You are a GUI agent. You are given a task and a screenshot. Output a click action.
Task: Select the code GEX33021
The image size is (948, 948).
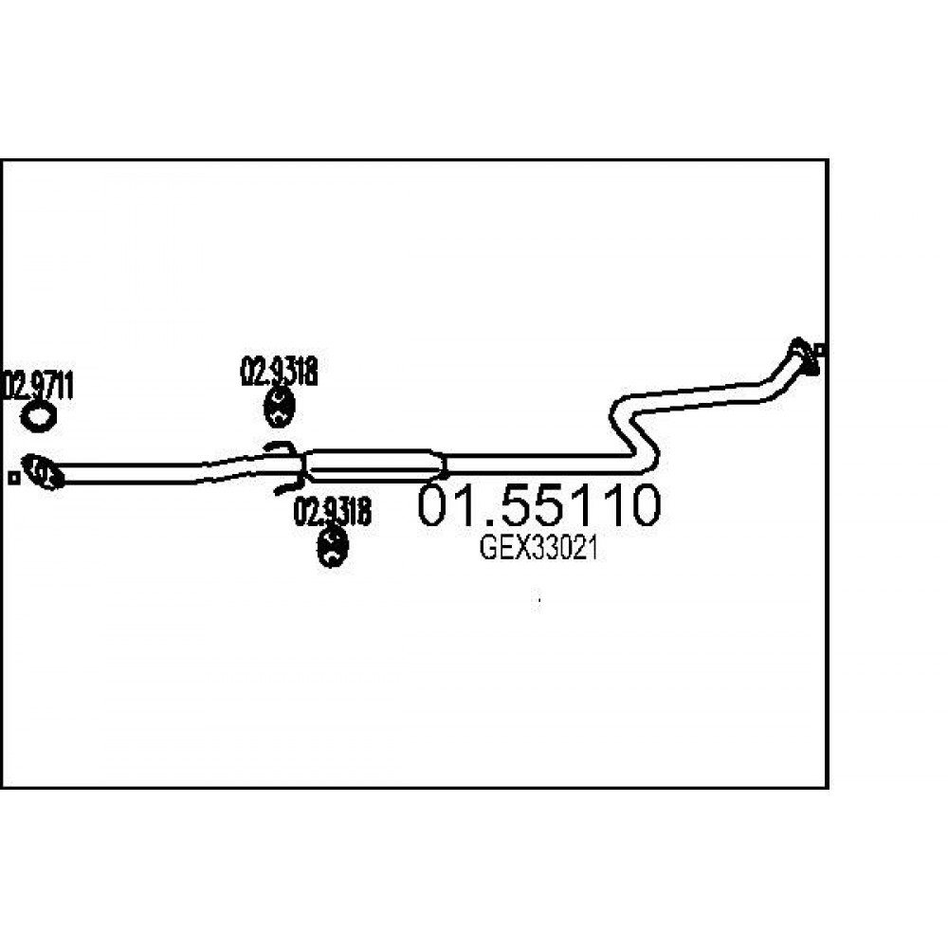click(x=538, y=548)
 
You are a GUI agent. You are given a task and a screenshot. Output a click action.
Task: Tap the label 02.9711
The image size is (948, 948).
click(x=39, y=387)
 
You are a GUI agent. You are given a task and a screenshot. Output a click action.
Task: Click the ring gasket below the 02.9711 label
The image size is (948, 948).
click(x=38, y=418)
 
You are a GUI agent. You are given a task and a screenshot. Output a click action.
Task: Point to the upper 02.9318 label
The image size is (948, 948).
click(x=279, y=372)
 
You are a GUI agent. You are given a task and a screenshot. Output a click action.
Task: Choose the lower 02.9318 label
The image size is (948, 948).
click(x=332, y=512)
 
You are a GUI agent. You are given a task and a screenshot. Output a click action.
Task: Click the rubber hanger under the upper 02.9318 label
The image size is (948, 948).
click(x=279, y=407)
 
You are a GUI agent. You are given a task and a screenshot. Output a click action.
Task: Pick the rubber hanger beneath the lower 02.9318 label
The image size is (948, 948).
click(x=333, y=547)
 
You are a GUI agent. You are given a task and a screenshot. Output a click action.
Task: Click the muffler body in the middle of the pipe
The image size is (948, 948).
click(x=374, y=465)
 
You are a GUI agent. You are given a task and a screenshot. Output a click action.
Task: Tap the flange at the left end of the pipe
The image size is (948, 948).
click(x=43, y=471)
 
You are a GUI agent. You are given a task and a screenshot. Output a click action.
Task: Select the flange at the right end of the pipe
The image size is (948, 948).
click(x=804, y=356)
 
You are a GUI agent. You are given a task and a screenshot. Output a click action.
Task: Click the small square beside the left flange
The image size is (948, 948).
click(x=13, y=478)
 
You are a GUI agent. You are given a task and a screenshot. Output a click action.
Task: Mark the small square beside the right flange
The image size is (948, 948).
click(x=820, y=350)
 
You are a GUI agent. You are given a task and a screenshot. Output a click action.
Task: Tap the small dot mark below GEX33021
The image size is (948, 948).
click(x=538, y=600)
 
